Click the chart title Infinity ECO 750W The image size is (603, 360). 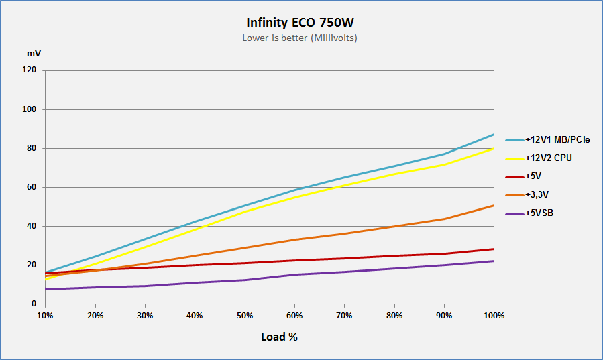tap(300, 23)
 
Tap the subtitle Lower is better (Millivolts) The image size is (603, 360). tap(300, 38)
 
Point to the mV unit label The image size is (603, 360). tap(34, 54)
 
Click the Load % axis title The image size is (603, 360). tap(279, 337)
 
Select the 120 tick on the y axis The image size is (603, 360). tap(30, 70)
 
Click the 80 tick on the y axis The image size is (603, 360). tap(32, 148)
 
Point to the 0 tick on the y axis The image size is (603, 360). tap(34, 304)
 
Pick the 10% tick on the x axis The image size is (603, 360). tap(45, 316)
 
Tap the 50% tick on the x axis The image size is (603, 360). tap(245, 316)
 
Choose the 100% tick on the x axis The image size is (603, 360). tap(494, 316)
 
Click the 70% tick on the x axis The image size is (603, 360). tap(344, 316)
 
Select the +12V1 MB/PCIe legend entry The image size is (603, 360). tap(547, 140)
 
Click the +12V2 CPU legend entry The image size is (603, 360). tap(539, 158)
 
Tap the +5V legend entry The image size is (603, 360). tap(523, 176)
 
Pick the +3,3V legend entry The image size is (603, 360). tap(527, 195)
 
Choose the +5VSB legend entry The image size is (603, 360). tap(529, 213)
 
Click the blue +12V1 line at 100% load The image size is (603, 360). tap(494, 135)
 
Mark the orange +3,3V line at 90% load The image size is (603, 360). tap(444, 219)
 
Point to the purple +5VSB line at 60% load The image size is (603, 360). tap(294, 274)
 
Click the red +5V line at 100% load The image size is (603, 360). tap(494, 249)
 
